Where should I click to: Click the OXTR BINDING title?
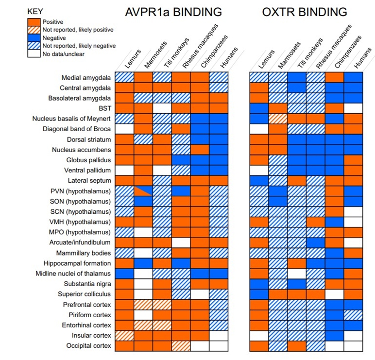tap(305, 12)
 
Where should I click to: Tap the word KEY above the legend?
tap(36, 11)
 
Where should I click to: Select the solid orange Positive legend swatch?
tap(34, 22)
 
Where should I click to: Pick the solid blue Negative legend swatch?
tap(34, 37)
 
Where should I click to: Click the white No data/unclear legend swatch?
tap(34, 53)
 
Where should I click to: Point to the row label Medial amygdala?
tap(86, 78)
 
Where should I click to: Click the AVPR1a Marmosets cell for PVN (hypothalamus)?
tap(143, 191)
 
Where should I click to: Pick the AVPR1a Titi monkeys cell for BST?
tap(162, 108)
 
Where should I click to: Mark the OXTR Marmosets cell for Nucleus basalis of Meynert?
tap(277, 119)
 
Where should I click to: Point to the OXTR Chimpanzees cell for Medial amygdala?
tap(334, 78)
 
